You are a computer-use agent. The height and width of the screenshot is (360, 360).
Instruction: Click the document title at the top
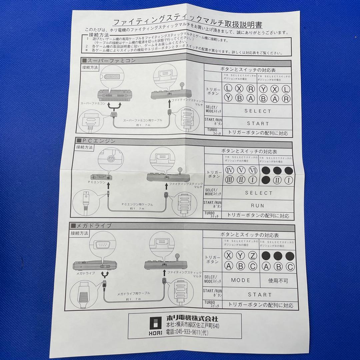188,24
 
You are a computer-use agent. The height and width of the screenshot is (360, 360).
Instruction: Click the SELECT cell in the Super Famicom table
258,111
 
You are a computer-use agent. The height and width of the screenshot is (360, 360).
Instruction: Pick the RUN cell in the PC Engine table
258,206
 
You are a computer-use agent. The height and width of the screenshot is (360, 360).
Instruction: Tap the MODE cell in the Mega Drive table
240,280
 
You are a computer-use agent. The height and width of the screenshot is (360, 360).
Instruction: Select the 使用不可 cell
278,281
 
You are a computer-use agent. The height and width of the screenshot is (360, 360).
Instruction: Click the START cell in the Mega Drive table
260,295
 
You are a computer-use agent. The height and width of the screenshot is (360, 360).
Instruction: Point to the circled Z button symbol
253,256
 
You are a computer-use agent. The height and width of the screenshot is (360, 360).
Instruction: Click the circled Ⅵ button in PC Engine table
253,170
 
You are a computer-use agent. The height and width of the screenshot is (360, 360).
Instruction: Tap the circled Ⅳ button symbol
229,170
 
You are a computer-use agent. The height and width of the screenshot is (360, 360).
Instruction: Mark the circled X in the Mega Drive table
229,256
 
